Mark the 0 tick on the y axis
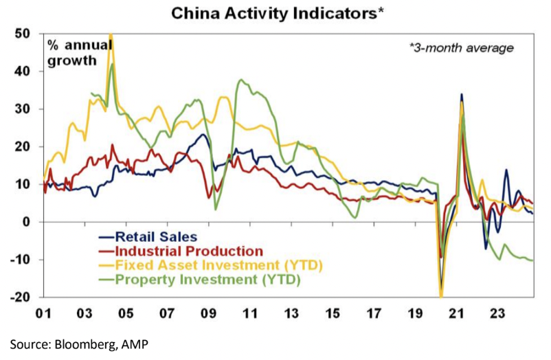[x=26, y=222]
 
